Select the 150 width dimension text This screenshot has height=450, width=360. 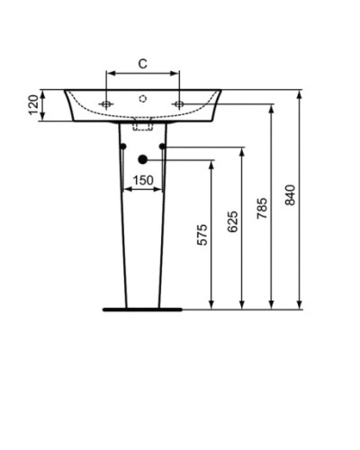tap(142, 180)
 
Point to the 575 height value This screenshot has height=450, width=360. tap(202, 235)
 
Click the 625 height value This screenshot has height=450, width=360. tap(233, 221)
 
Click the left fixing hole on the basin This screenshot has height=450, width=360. tap(107, 104)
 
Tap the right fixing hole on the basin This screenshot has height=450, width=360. tap(178, 104)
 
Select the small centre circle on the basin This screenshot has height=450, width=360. tap(142, 96)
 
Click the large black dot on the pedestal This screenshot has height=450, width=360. tap(142, 160)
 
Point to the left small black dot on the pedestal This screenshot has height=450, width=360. tap(121, 146)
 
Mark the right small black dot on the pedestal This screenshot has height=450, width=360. tap(163, 146)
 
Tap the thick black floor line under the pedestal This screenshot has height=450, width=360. tap(142, 309)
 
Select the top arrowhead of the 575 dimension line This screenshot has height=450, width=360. tap(211, 165)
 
